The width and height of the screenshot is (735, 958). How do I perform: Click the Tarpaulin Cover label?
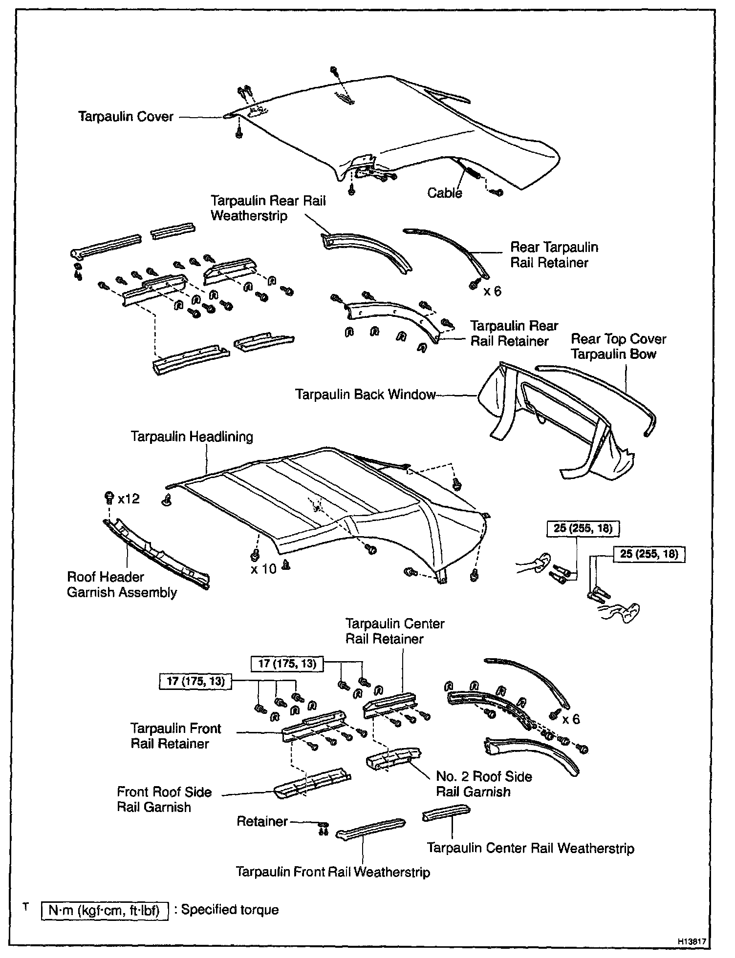tap(126, 117)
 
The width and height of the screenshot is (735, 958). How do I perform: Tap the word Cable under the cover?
tap(444, 193)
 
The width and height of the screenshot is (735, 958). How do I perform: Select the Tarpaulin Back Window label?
tap(365, 394)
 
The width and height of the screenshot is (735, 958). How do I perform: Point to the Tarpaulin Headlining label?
tap(192, 436)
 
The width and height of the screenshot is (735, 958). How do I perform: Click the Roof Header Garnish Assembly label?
tap(122, 584)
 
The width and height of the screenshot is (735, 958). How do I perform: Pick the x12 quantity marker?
tap(128, 499)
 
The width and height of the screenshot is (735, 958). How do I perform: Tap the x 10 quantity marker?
tap(263, 568)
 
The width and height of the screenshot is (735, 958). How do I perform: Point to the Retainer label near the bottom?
tap(262, 821)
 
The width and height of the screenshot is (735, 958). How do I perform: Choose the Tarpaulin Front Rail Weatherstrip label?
tap(333, 872)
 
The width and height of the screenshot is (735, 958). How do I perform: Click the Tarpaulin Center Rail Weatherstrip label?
tap(530, 848)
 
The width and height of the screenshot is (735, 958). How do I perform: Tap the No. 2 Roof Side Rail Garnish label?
tap(484, 784)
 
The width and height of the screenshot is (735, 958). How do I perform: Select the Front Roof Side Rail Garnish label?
tap(164, 799)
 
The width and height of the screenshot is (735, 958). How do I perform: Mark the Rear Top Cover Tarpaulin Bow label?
tap(618, 346)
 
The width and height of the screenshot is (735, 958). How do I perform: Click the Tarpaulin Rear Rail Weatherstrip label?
tap(268, 208)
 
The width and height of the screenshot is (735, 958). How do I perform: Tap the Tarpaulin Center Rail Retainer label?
tap(394, 631)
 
